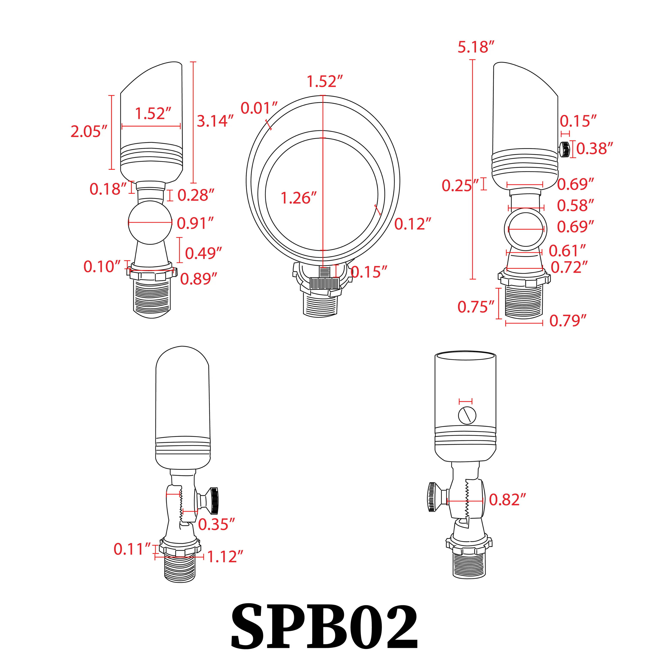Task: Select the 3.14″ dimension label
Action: pos(215,121)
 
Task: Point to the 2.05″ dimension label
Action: pos(89,131)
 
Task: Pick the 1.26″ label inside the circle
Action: pos(298,198)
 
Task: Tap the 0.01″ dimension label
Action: pos(259,108)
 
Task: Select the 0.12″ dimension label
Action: pos(413,224)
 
